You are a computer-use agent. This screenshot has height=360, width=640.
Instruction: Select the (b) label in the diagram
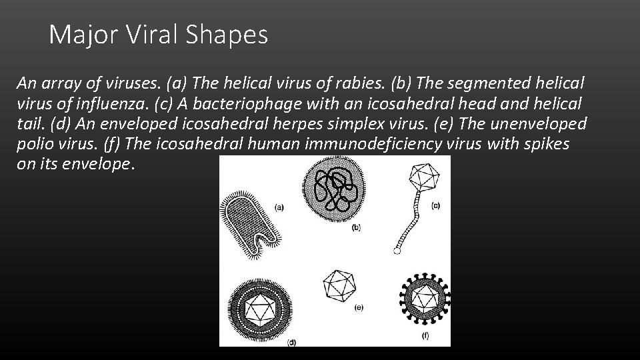click(x=356, y=227)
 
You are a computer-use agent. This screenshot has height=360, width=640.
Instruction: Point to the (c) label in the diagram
click(x=435, y=205)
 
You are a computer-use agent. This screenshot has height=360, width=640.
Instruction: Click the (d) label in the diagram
click(x=291, y=342)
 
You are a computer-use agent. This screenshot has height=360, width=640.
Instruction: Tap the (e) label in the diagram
click(x=359, y=307)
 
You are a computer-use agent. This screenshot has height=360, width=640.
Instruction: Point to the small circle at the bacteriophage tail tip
click(x=397, y=252)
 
